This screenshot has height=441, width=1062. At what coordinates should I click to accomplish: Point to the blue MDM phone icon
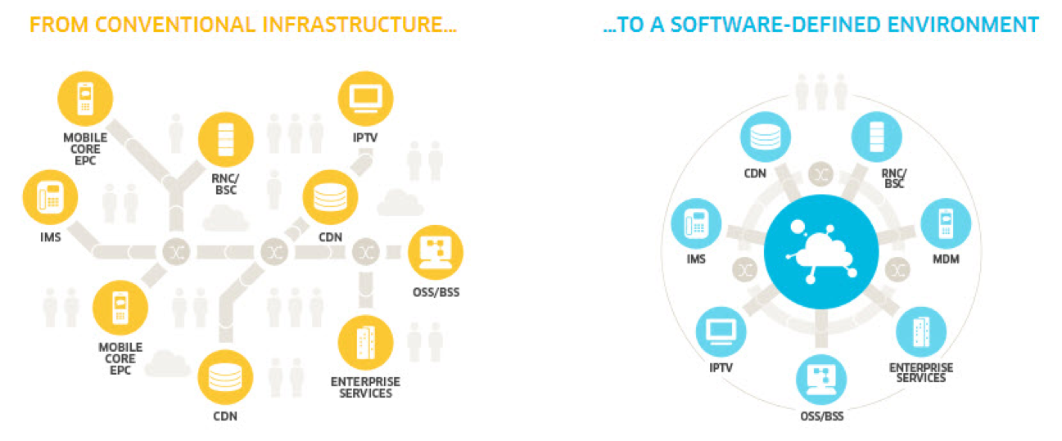tap(947, 223)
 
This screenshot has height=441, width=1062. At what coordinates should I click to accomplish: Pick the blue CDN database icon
tap(766, 138)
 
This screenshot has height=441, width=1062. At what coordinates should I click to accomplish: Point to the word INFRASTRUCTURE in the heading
tap(354, 24)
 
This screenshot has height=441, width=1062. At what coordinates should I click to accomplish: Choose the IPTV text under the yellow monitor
tap(365, 137)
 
